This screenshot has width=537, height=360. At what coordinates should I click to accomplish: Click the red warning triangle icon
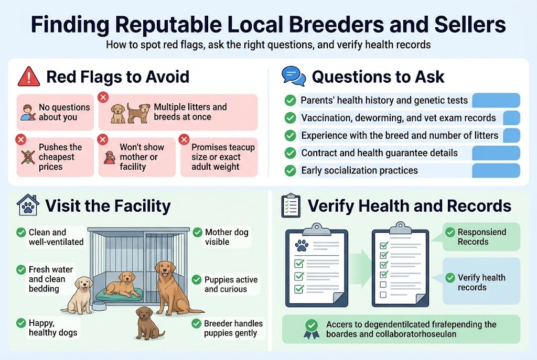[x=28, y=77]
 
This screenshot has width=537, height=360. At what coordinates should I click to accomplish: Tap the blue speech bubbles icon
[x=293, y=77]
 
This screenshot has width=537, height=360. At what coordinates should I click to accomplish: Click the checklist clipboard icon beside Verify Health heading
[x=291, y=205]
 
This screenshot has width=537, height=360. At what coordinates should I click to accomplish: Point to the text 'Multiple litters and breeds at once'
[x=190, y=112]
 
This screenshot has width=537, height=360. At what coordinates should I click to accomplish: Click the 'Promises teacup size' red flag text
[x=223, y=157]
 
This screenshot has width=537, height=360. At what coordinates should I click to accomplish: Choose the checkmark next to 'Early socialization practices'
[x=290, y=171]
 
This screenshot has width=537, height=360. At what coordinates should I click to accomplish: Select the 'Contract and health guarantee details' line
[x=379, y=154]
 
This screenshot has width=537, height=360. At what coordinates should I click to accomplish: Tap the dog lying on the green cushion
[x=122, y=285]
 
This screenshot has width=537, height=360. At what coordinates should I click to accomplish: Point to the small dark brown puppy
[x=145, y=322]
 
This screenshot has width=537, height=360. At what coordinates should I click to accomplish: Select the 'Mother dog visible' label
[x=227, y=237]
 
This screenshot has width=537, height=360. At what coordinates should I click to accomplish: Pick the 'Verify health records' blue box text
[x=481, y=282]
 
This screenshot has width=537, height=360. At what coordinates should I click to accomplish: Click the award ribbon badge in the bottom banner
[x=311, y=330]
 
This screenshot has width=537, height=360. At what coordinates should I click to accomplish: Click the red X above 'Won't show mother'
[x=103, y=139]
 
